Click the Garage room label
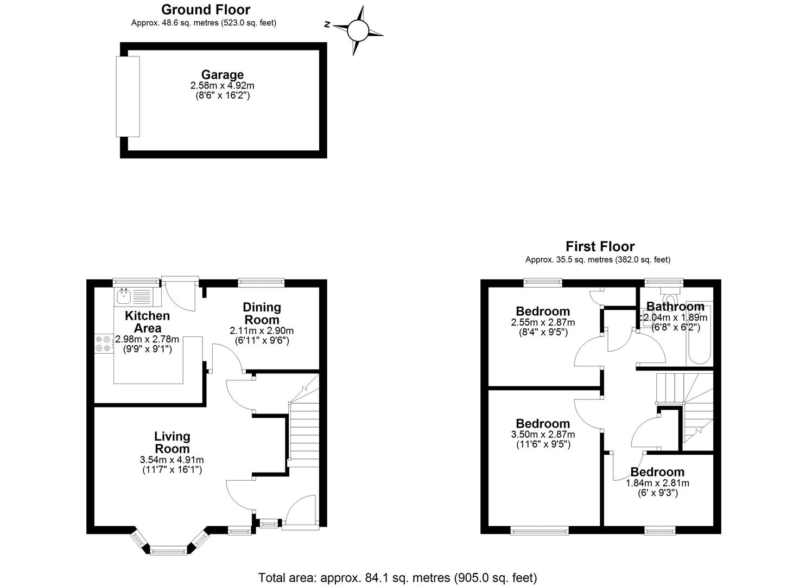[223, 74]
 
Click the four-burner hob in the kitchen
[103, 343]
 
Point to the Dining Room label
[262, 313]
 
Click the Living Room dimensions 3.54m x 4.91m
[172, 460]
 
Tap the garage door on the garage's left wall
[128, 97]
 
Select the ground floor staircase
[304, 421]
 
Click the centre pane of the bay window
[168, 550]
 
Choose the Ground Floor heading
[206, 10]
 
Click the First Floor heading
[600, 246]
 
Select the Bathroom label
[675, 307]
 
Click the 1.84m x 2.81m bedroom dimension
[657, 483]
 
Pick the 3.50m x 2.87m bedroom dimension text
[543, 434]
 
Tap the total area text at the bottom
[398, 578]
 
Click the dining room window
[261, 282]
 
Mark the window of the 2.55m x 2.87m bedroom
[543, 282]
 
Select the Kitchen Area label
[147, 322]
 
